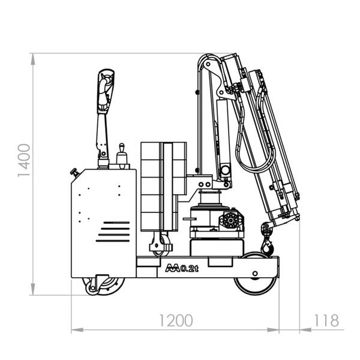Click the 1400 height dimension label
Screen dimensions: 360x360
coord(24,160)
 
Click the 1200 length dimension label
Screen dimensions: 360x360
coord(176,320)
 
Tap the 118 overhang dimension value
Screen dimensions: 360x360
coord(326,320)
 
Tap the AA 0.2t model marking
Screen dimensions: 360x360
coord(182,268)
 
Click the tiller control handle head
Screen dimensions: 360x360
coord(106,91)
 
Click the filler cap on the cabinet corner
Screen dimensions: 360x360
coord(75,172)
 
